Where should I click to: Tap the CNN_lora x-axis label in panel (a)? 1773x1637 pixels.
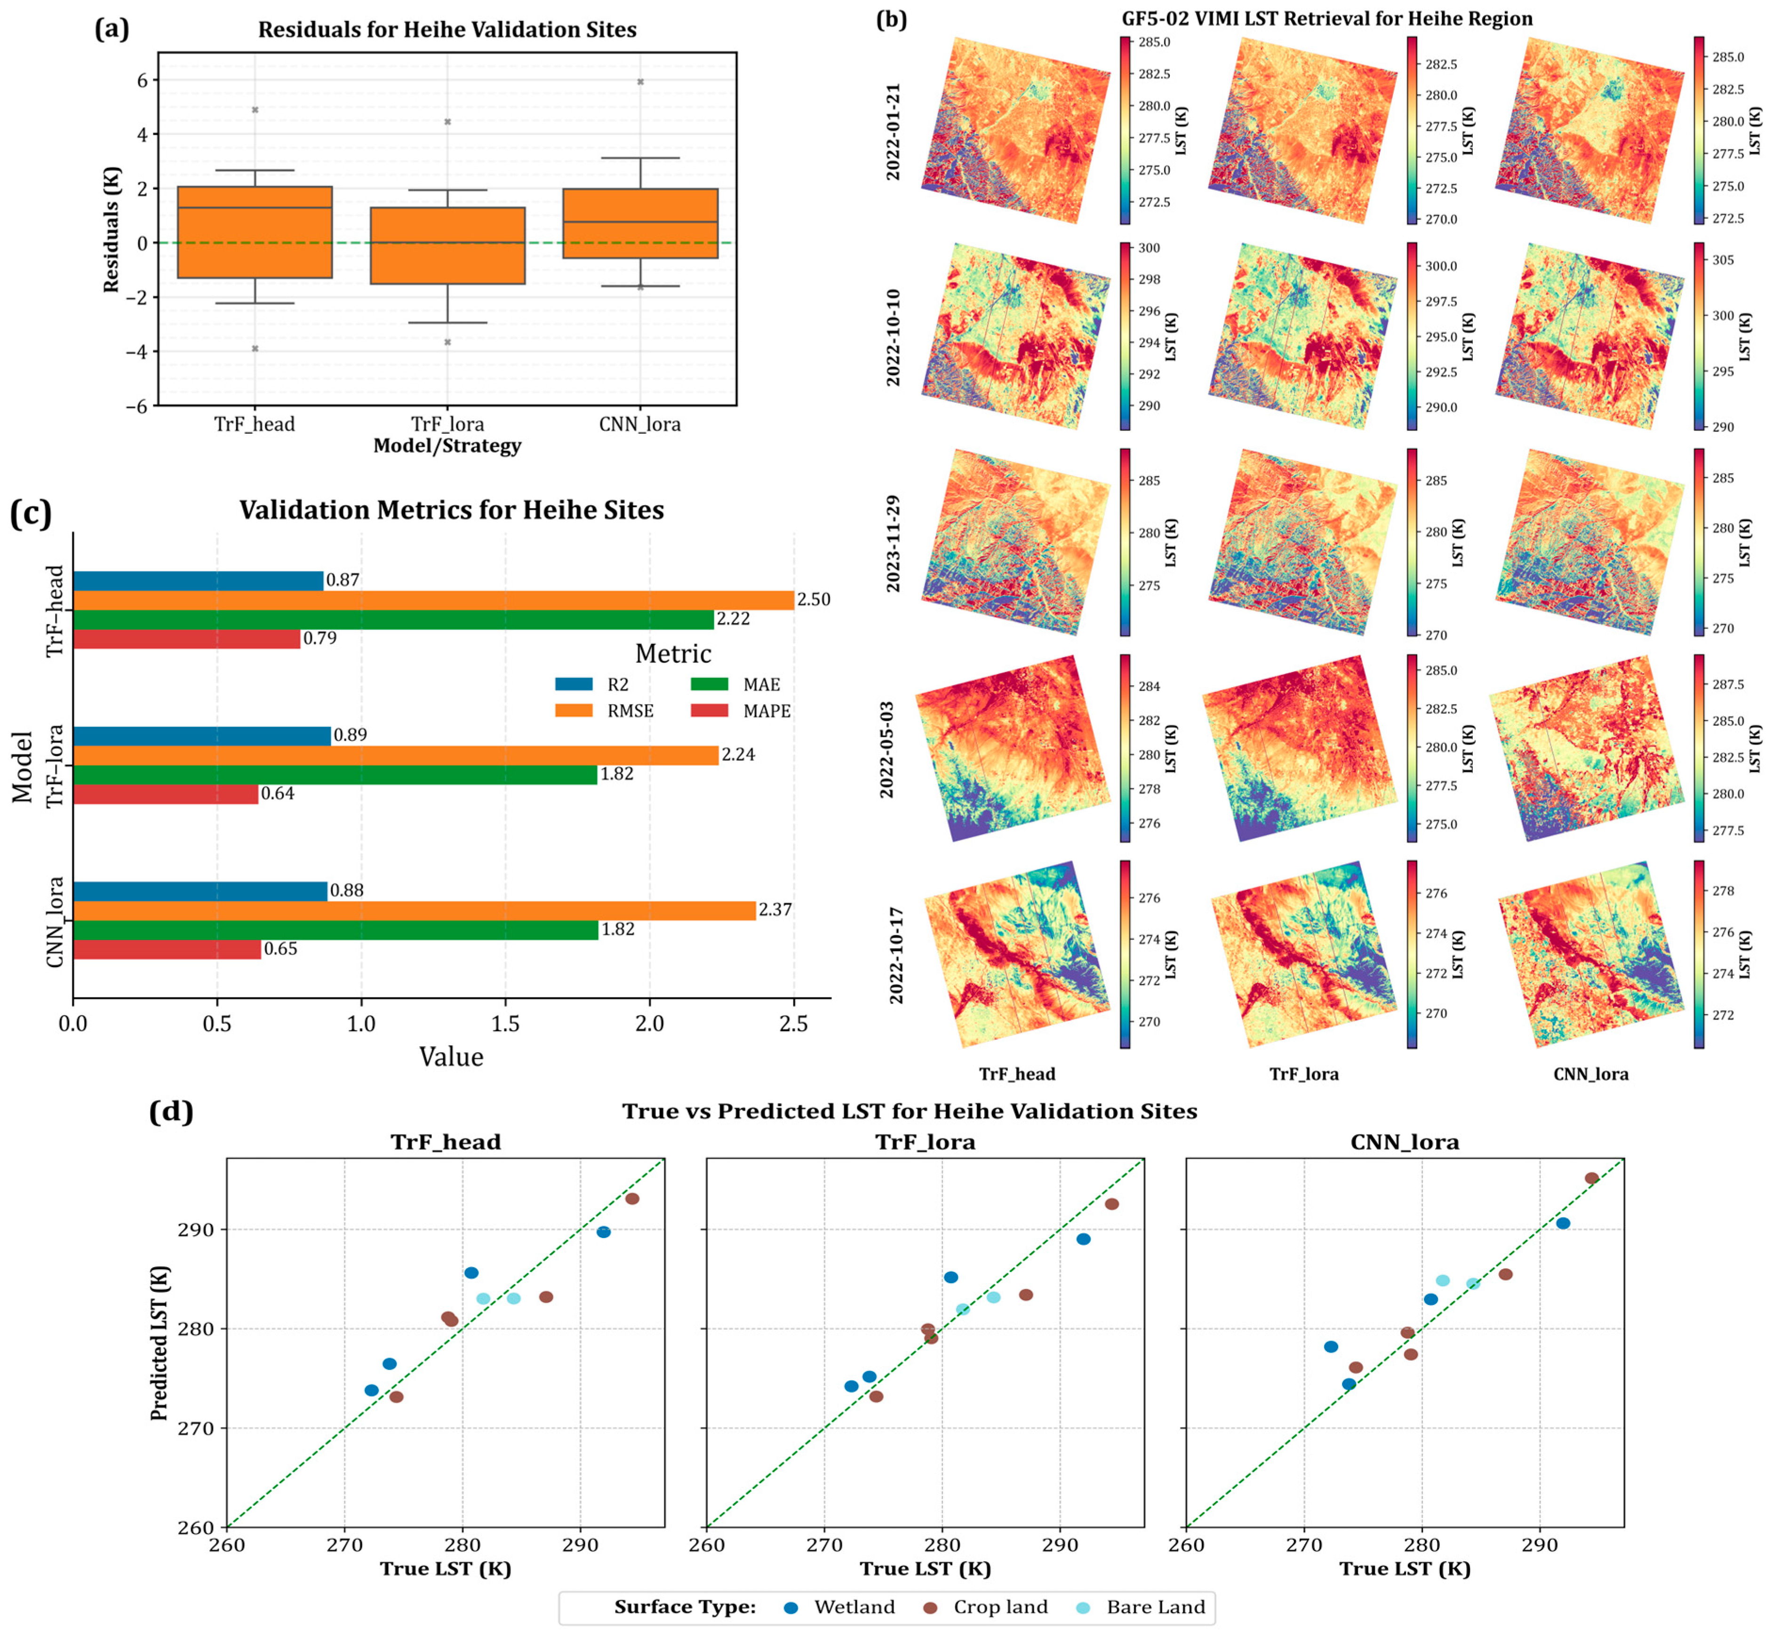640,424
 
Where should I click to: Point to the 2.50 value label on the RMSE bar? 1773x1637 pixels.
814,600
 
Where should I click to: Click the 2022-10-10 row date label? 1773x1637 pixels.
893,337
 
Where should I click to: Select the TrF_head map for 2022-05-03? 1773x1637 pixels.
1013,748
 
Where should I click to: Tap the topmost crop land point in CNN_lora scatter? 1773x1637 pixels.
1591,1178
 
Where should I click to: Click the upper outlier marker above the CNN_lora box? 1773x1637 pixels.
640,81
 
